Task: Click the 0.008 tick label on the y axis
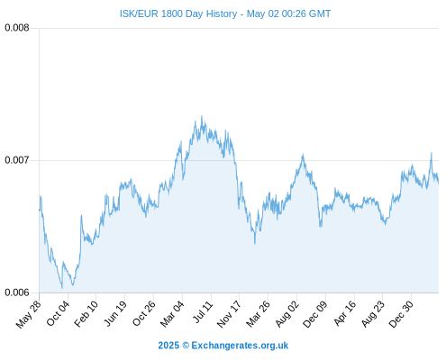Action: point(17,28)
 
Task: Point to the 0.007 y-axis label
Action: point(17,160)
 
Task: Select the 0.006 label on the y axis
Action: point(17,292)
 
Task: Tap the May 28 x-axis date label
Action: point(29,314)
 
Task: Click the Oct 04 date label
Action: point(58,313)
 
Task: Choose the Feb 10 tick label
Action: point(86,313)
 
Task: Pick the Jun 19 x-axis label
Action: point(115,313)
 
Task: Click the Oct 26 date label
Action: point(144,313)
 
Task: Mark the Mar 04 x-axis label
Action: point(172,313)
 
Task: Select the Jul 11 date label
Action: point(203,312)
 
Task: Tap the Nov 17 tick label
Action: point(229,314)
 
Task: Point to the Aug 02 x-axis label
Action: point(287,313)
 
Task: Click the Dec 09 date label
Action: point(315,314)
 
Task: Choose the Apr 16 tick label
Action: point(345,313)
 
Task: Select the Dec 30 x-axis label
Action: point(401,314)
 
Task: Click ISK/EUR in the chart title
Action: point(139,13)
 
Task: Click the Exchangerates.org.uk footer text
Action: point(240,346)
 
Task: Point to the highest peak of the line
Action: point(202,116)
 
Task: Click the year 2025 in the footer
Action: point(168,346)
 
